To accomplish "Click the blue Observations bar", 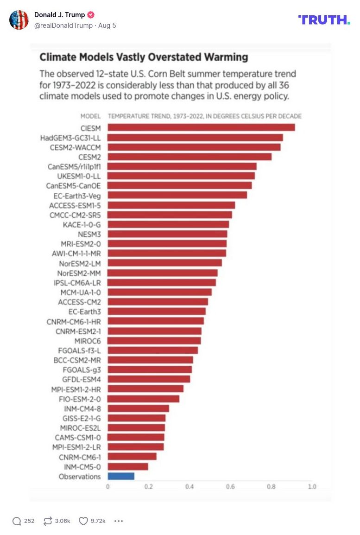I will tap(121, 476).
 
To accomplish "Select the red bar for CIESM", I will tap(201, 127).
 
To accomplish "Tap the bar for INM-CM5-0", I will tap(128, 466).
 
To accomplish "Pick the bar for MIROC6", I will tap(154, 341).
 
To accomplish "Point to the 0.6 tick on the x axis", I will tap(230, 487).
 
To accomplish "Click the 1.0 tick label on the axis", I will tap(312, 487).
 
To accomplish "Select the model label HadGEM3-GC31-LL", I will tap(70, 138).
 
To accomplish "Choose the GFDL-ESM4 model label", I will tap(81, 379).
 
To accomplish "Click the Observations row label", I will tap(80, 477).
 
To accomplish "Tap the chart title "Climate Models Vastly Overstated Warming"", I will tap(144, 57).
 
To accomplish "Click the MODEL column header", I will tap(90, 116).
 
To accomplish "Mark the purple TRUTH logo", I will tap(324, 19).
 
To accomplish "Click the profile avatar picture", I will tap(19, 20).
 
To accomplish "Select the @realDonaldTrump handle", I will tap(63, 25).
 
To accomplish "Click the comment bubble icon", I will tap(17, 521).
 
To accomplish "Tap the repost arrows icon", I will tap(48, 521).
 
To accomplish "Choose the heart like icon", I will tap(83, 521).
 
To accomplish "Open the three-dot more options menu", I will tap(119, 521).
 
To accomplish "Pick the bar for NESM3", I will tap(167, 234).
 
